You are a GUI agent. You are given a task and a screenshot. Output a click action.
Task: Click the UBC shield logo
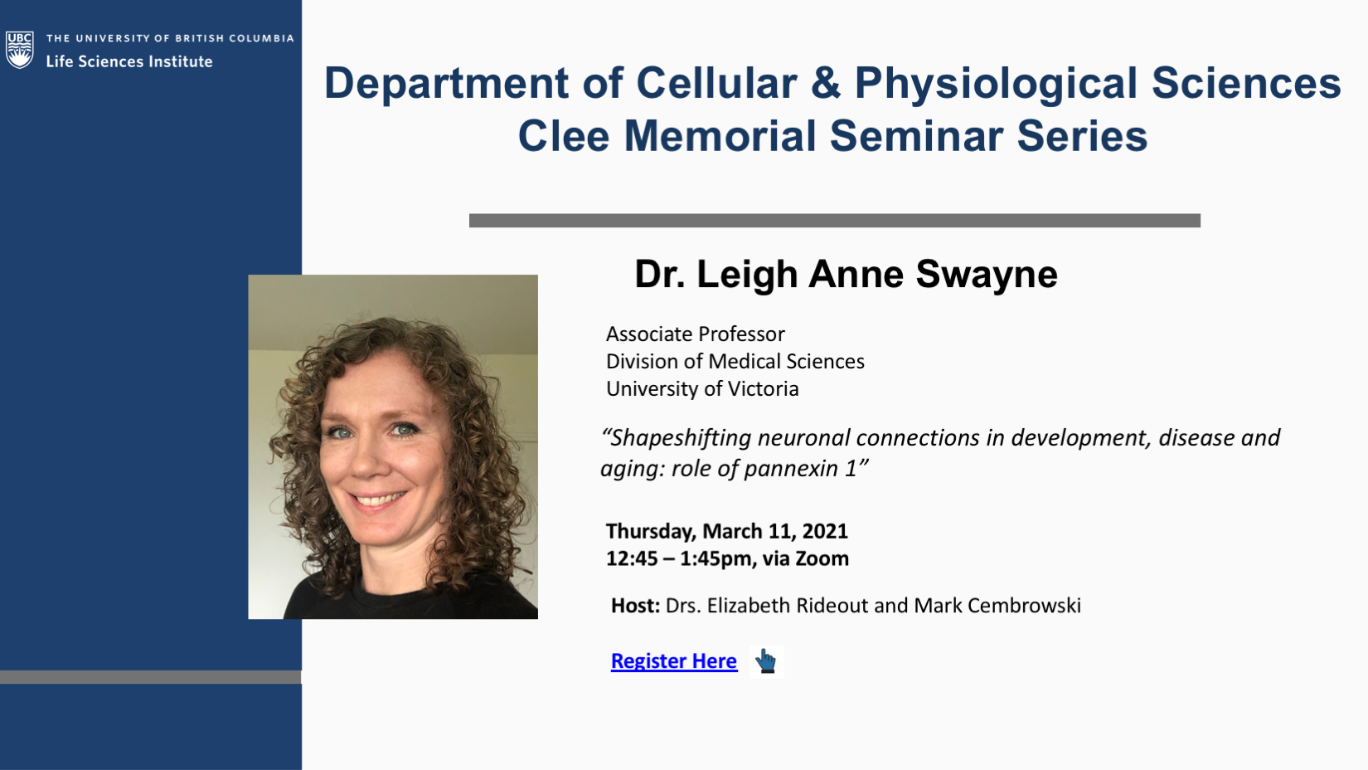pyautogui.click(x=20, y=50)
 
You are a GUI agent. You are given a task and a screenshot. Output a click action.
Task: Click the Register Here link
pyautogui.click(x=673, y=661)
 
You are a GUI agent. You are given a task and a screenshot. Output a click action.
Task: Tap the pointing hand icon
pyautogui.click(x=766, y=661)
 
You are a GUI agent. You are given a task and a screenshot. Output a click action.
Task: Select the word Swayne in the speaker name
pyautogui.click(x=987, y=274)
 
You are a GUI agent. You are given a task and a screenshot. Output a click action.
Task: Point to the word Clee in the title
pyautogui.click(x=563, y=136)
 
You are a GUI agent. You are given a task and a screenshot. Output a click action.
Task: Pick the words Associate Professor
pyautogui.click(x=695, y=334)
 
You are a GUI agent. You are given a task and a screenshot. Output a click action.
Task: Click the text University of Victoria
pyautogui.click(x=702, y=389)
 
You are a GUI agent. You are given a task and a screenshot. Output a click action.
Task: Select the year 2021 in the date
pyautogui.click(x=825, y=531)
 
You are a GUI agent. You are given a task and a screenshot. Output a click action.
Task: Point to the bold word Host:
pyautogui.click(x=636, y=606)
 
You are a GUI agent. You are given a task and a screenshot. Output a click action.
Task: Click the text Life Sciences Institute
pyautogui.click(x=129, y=61)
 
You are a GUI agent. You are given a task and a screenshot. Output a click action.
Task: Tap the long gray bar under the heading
pyautogui.click(x=835, y=221)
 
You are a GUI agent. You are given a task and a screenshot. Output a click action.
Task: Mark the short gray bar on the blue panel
pyautogui.click(x=151, y=677)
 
